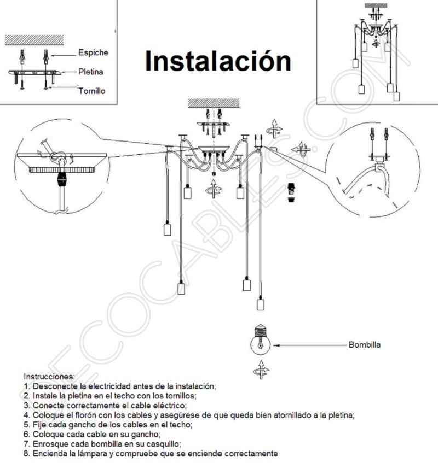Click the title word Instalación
click(217, 61)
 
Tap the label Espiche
click(93, 53)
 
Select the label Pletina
click(91, 72)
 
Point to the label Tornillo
click(91, 91)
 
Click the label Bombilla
click(364, 345)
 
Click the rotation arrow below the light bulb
click(261, 370)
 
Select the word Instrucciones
click(49, 377)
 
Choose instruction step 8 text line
click(151, 454)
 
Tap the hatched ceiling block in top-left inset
click(34, 40)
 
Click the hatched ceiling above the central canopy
click(214, 102)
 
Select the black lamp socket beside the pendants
click(292, 194)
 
